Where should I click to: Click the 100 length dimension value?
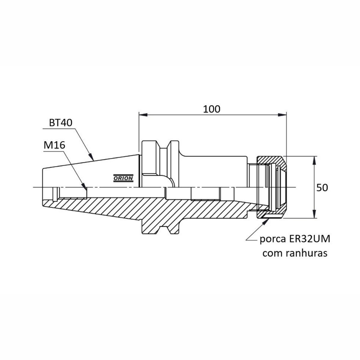coord(211,109)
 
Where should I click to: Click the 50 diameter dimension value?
coord(322,187)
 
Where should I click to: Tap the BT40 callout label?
coord(61,123)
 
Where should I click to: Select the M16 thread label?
coord(54,145)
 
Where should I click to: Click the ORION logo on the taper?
coord(123,178)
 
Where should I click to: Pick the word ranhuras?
coord(307,253)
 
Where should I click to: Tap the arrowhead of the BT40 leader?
coord(91,157)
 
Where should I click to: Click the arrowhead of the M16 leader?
coord(84,186)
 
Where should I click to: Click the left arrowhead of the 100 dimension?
coord(143,115)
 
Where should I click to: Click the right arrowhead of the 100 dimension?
coord(282,115)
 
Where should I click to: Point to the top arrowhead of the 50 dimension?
coord(314,160)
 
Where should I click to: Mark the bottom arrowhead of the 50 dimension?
coord(314,214)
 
